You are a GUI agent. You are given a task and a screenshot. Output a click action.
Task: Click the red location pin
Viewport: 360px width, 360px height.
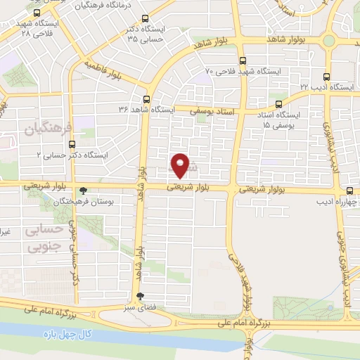coord(181,165)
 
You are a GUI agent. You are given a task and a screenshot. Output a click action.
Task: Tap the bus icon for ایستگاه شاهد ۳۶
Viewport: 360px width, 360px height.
coord(146,99)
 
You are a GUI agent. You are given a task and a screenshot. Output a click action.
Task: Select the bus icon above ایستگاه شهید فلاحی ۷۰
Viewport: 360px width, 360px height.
coord(243,61)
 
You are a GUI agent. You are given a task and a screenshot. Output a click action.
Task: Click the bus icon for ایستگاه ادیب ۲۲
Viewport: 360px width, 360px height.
coord(326,77)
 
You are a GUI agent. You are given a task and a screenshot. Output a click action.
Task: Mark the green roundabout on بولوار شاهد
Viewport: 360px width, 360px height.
coord(328,40)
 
